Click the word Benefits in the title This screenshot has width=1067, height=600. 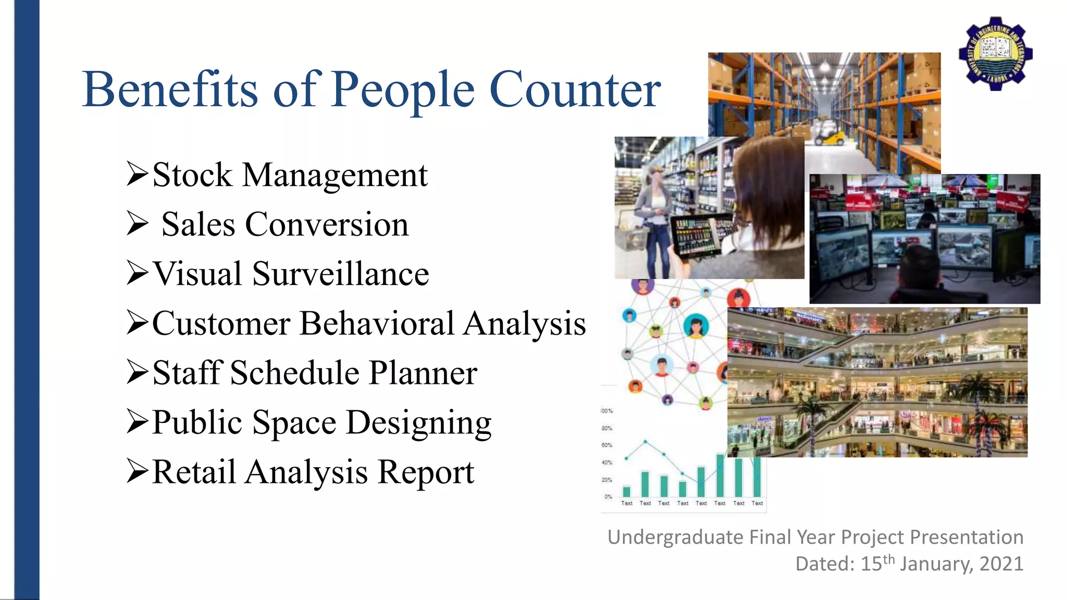click(x=170, y=90)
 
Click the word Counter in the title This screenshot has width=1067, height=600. click(x=575, y=90)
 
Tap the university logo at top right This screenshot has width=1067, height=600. click(x=996, y=53)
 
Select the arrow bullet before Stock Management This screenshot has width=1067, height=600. click(x=138, y=174)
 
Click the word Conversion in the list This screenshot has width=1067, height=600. click(x=327, y=224)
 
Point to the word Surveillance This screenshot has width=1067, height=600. click(x=341, y=274)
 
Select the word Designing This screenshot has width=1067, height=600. click(x=418, y=422)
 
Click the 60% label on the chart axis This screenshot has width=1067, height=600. click(x=607, y=445)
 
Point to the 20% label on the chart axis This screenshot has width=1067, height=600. click(x=607, y=480)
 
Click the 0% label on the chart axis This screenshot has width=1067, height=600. click(x=608, y=497)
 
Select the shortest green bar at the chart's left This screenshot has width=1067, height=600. click(x=627, y=491)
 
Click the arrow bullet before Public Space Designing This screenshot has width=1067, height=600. click(x=138, y=422)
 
